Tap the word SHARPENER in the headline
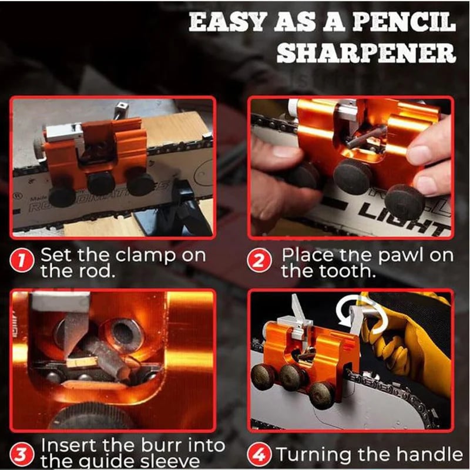pyautogui.click(x=367, y=53)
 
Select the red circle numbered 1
pyautogui.click(x=21, y=261)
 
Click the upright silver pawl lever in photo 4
pyautogui.click(x=298, y=310)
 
